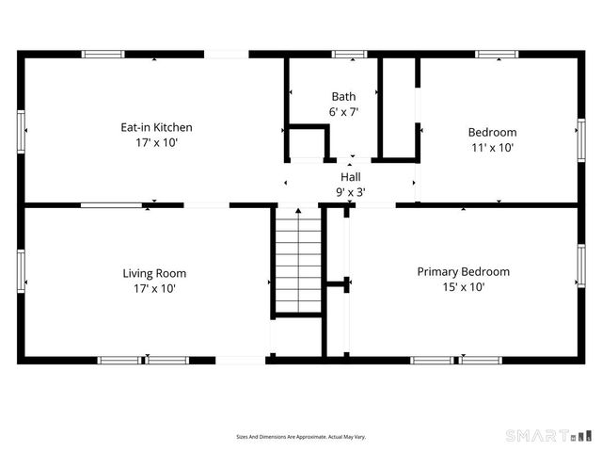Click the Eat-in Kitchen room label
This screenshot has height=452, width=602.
tap(156, 127)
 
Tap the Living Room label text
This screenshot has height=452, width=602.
tap(155, 273)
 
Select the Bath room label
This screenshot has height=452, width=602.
tap(343, 96)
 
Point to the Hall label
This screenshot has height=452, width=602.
tap(350, 176)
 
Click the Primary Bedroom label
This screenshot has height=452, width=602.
tap(463, 271)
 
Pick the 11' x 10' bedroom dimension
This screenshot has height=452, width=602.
tap(492, 148)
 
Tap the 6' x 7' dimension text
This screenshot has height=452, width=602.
tap(343, 111)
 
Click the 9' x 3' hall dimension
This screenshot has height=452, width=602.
tap(350, 191)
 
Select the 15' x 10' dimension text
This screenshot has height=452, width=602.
tap(463, 287)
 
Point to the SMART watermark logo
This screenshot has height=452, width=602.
tap(550, 435)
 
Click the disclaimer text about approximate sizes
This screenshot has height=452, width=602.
tap(300, 437)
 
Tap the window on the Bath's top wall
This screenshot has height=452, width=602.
tap(349, 55)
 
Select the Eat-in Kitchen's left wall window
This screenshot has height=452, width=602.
tap(21, 130)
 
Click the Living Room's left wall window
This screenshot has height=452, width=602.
tap(21, 267)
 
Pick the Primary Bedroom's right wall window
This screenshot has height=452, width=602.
tap(580, 267)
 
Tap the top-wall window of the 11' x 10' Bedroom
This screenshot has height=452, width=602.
tap(496, 55)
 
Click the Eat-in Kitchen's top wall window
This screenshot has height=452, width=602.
tap(103, 55)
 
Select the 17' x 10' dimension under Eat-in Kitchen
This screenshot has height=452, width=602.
tap(156, 143)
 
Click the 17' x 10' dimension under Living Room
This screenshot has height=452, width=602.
tap(155, 289)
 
